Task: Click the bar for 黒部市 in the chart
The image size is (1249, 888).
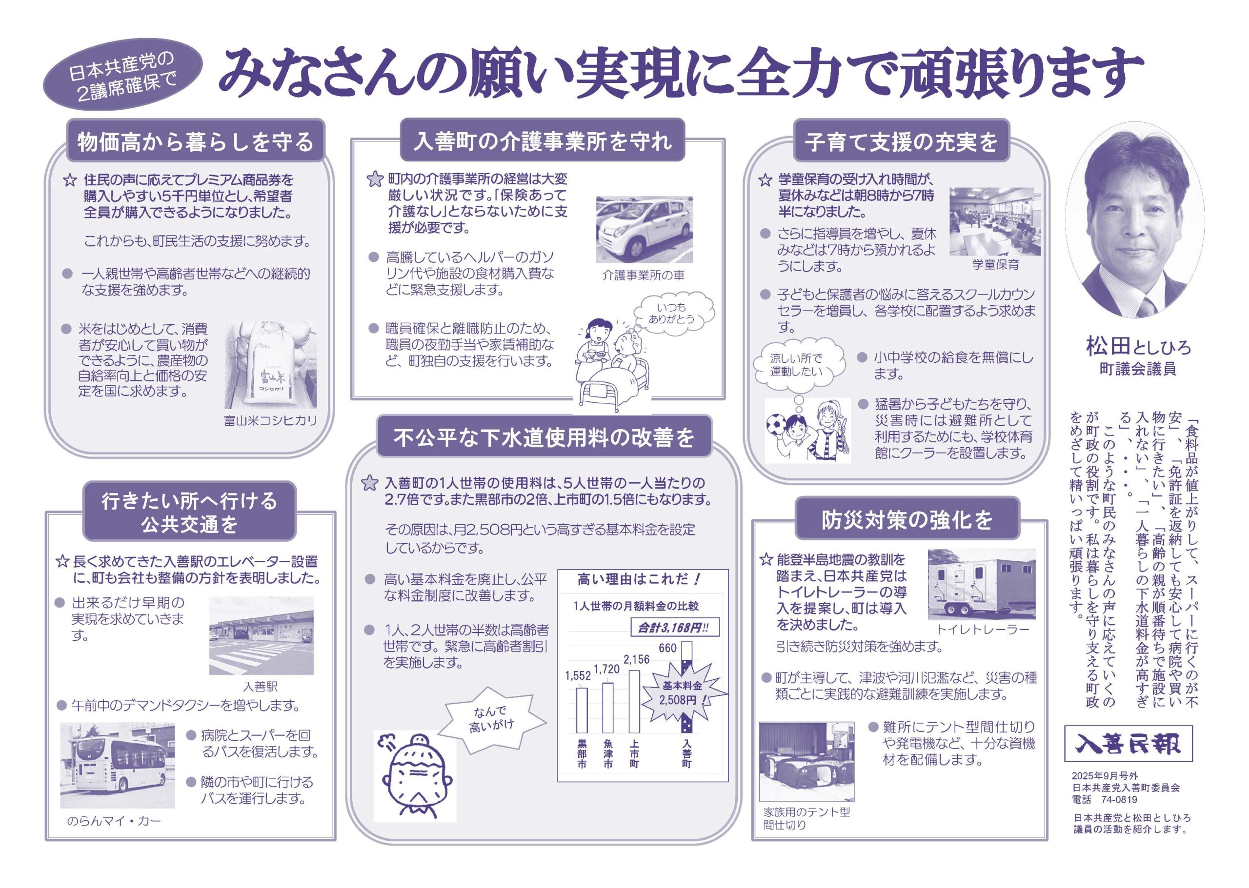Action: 582,710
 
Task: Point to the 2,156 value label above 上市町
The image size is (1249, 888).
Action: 636,659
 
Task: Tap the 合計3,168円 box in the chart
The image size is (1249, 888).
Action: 675,627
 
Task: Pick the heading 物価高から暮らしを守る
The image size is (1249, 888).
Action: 195,141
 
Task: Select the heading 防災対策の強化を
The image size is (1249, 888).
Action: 907,519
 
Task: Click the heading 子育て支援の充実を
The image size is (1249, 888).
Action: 901,141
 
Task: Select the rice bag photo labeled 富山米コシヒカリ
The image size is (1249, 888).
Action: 270,365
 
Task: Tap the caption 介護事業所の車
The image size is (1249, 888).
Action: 643,276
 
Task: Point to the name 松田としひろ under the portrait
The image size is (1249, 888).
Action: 1138,346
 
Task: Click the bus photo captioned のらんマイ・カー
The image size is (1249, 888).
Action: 117,766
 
